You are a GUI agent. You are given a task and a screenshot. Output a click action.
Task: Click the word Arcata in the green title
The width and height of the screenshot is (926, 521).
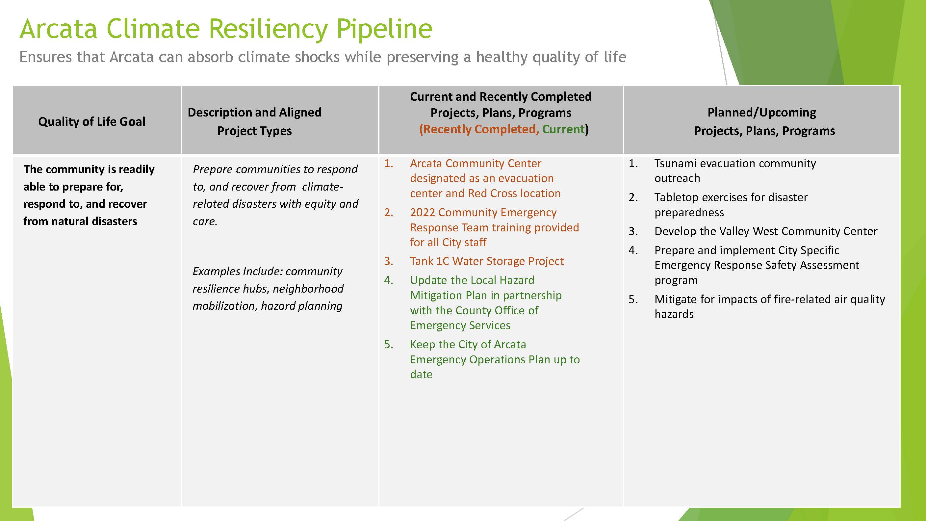pos(58,29)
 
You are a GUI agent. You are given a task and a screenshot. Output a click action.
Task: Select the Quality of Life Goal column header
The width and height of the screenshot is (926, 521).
pos(92,121)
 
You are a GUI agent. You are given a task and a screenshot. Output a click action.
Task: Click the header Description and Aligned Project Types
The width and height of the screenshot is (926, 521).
pos(254,121)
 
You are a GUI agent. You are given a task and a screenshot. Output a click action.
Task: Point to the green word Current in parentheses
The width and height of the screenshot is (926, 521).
pos(563,129)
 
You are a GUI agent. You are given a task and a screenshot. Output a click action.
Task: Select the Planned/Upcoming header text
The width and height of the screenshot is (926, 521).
pos(761,113)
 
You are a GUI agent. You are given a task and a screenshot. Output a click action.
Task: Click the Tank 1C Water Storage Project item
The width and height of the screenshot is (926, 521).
pos(487,261)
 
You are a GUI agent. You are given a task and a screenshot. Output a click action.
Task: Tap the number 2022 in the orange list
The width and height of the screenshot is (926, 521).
pos(423,213)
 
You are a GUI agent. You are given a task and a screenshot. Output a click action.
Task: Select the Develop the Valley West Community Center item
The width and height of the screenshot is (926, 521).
pos(766,231)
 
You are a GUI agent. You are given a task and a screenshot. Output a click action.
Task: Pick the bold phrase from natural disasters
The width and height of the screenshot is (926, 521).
pos(80,221)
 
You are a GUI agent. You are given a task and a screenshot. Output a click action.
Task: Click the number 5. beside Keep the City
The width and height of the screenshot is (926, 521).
pos(388,345)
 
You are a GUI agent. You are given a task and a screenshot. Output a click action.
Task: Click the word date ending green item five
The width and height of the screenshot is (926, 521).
pos(421,374)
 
